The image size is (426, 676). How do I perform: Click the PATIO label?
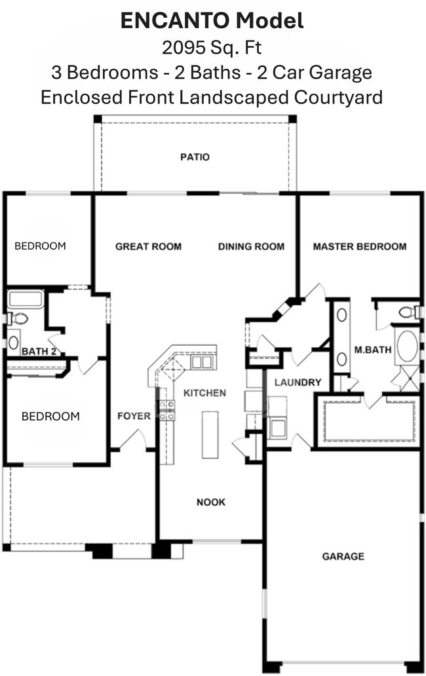[195, 157]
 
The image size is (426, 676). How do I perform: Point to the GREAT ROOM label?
[148, 246]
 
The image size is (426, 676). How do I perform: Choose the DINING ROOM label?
[251, 246]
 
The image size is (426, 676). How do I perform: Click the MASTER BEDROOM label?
[359, 246]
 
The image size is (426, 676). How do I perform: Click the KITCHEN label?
[204, 393]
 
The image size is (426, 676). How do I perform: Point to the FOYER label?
[134, 416]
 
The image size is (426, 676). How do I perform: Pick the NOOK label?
[211, 502]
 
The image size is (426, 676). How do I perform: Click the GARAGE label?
[343, 556]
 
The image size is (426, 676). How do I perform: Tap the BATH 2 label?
[37, 351]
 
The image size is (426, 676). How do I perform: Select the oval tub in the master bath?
[407, 346]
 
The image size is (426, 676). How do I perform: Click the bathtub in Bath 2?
[25, 300]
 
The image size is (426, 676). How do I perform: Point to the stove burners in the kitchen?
[167, 410]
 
